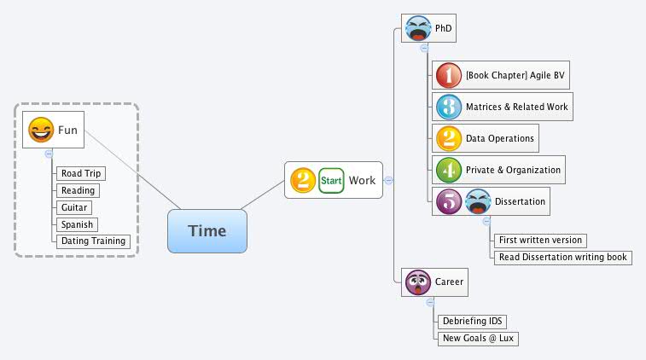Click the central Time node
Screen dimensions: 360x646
click(207, 230)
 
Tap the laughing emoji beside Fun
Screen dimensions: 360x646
click(40, 130)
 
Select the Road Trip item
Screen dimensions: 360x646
click(81, 173)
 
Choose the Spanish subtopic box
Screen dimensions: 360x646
click(77, 224)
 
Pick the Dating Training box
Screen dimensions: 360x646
click(93, 241)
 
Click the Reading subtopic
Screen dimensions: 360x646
click(78, 190)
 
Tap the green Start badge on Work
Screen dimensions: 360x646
click(331, 180)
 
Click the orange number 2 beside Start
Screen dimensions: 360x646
click(303, 180)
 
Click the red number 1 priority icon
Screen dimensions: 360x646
click(448, 75)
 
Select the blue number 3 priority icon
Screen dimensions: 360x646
click(448, 107)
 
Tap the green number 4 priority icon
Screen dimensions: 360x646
click(448, 169)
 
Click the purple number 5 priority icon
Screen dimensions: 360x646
click(448, 201)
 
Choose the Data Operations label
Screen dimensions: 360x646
click(499, 138)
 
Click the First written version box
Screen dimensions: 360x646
click(541, 240)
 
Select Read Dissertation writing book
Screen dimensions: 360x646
click(563, 257)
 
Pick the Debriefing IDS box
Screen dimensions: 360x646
click(472, 322)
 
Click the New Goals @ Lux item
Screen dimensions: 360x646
click(478, 339)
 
